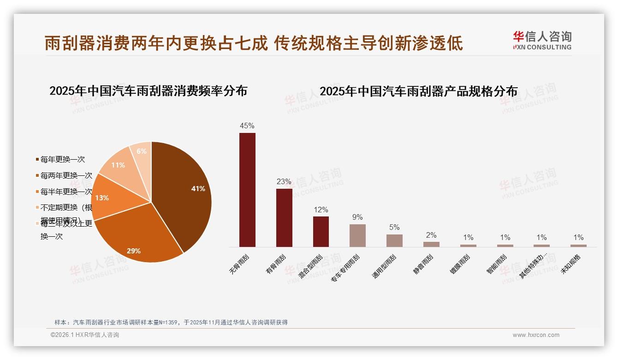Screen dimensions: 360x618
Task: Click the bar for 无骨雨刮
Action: click(x=247, y=190)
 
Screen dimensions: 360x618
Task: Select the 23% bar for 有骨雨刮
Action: click(x=284, y=217)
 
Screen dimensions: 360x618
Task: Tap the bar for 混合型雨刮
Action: click(x=321, y=231)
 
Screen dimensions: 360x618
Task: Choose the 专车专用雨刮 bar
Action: click(x=357, y=235)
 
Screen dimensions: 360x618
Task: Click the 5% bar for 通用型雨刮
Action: click(x=394, y=240)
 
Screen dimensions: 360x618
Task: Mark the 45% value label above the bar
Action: click(x=247, y=126)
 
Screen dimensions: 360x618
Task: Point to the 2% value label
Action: click(x=431, y=235)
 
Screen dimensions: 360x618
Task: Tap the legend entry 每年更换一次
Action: click(x=63, y=160)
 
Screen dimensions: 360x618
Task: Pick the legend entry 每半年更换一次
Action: click(x=66, y=192)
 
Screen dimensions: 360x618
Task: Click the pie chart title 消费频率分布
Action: click(x=148, y=90)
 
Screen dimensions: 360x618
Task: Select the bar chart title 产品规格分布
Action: click(x=418, y=91)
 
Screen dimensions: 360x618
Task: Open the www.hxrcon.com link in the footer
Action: click(x=536, y=335)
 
